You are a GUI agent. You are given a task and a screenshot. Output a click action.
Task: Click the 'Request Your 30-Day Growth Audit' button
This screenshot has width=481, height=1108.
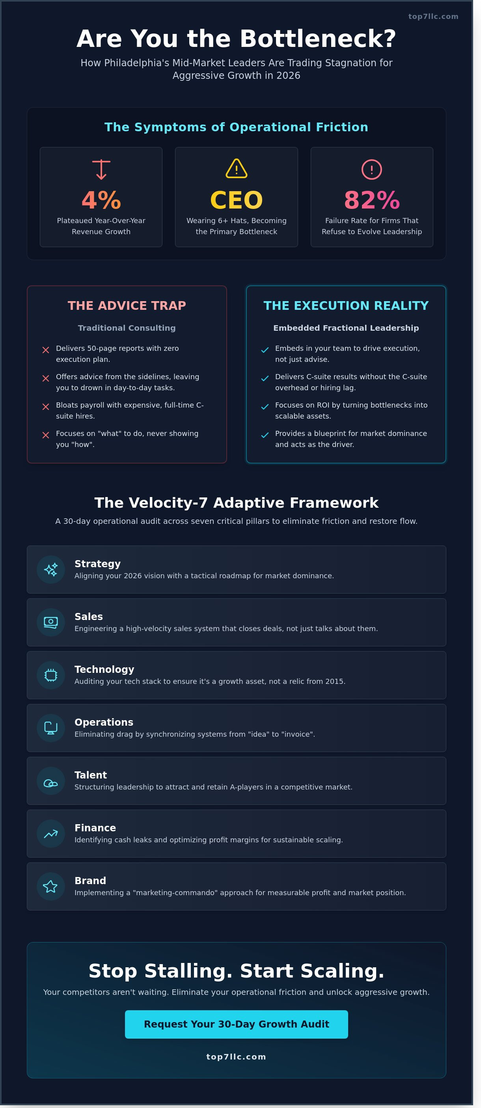[236, 1024]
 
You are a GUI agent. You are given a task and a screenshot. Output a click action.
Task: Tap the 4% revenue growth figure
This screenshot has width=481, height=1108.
[101, 200]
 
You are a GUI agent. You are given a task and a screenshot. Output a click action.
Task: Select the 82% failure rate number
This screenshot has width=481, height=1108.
[372, 200]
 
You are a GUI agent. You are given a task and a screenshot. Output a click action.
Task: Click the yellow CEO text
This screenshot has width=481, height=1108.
[236, 200]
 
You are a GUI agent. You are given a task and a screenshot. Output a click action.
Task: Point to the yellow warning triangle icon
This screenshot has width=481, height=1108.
[236, 168]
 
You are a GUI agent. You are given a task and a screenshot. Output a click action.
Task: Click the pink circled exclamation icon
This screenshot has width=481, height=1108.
[372, 169]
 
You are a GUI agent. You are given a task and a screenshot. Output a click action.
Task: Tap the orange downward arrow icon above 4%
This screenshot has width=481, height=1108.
[101, 169]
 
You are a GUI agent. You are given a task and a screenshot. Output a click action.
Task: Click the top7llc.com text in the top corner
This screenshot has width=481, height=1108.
[433, 16]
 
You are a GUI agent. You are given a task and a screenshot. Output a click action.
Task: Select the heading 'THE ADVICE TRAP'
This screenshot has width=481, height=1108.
[127, 305]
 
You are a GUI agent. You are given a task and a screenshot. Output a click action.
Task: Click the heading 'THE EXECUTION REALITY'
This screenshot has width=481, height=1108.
[346, 305]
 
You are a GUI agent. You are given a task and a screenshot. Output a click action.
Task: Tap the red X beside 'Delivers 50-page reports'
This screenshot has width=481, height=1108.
[46, 350]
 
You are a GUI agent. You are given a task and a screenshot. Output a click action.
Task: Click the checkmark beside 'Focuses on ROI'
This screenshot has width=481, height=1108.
[265, 407]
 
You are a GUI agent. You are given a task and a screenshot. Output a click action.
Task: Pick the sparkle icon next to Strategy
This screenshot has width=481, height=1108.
[51, 570]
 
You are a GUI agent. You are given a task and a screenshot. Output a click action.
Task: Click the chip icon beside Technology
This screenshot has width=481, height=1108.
[51, 675]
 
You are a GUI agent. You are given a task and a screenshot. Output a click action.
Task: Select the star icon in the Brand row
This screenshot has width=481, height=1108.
[50, 886]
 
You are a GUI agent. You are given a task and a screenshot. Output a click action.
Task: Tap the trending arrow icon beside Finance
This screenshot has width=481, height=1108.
[51, 834]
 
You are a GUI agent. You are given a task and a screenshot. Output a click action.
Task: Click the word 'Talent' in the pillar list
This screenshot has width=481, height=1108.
[90, 775]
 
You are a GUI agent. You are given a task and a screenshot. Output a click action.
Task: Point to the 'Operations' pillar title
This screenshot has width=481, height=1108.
[104, 722]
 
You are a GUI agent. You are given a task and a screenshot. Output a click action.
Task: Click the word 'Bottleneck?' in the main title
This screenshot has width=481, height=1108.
[318, 39]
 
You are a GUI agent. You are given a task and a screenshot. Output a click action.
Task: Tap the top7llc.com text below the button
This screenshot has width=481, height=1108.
[236, 1057]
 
